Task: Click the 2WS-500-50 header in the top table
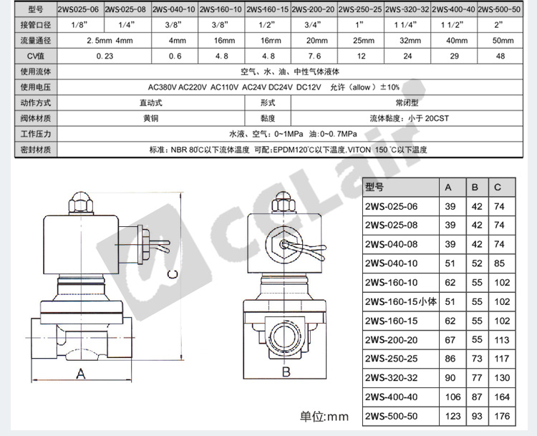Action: click(x=499, y=9)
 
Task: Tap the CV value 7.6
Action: click(x=314, y=56)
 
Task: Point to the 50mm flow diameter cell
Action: click(x=503, y=40)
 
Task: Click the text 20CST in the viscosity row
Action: click(x=437, y=119)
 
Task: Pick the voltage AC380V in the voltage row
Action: click(x=162, y=87)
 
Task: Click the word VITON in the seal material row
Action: click(x=359, y=150)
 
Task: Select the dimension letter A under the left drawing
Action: click(x=80, y=373)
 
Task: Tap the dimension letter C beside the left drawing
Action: click(x=173, y=274)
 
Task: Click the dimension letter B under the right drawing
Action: click(x=286, y=372)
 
